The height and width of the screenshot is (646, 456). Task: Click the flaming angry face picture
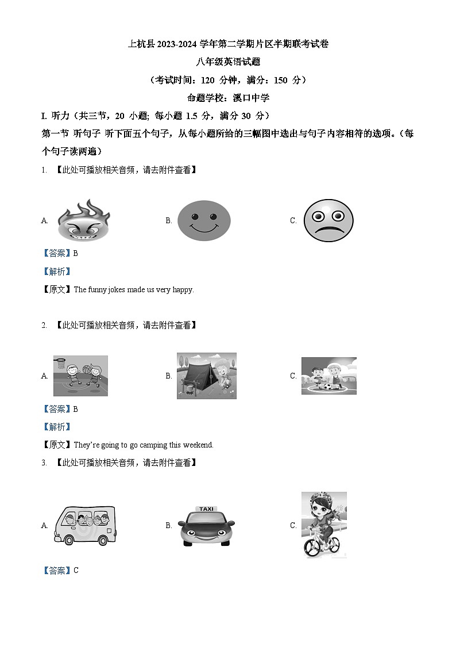[x=83, y=220]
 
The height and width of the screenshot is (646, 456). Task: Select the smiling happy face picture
[x=204, y=220]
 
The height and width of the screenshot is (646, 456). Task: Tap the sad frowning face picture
[x=328, y=220]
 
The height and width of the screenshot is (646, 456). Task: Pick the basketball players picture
[x=80, y=376]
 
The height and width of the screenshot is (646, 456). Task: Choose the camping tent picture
[x=206, y=376]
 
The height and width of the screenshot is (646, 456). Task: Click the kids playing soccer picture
[x=329, y=376]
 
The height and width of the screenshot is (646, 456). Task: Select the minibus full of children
[x=84, y=525]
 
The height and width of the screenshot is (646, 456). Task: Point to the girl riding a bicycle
[x=324, y=525]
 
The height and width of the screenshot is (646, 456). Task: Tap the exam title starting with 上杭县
[x=228, y=44]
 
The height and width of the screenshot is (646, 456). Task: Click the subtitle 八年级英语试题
[x=228, y=62]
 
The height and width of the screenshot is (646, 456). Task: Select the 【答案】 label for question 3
[x=57, y=570]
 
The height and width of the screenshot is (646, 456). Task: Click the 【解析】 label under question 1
[x=57, y=272]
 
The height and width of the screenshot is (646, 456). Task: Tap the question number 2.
[x=44, y=325]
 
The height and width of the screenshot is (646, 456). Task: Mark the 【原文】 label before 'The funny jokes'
[x=57, y=289]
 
